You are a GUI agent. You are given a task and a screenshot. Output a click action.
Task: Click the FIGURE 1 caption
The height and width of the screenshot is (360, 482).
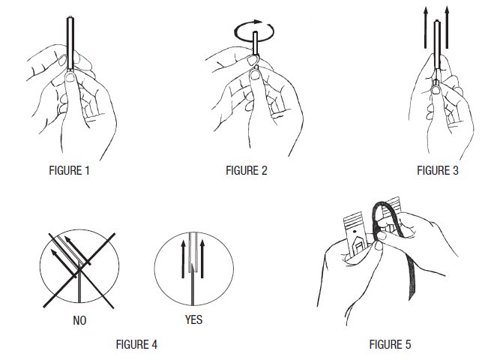pos(69,170)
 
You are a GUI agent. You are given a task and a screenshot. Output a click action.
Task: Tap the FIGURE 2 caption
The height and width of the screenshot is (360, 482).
pos(246,170)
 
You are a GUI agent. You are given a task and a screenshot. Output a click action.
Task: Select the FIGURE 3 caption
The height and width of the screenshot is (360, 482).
pos(438,170)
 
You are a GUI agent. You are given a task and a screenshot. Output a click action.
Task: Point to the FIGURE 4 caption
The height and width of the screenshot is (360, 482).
pos(136,344)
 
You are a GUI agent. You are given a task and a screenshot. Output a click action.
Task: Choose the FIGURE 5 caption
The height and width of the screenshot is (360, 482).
pos(390,344)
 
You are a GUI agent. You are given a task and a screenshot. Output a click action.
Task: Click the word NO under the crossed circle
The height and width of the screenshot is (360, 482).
pos(79,320)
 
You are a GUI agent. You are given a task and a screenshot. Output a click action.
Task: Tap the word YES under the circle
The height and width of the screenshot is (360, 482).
pos(193,319)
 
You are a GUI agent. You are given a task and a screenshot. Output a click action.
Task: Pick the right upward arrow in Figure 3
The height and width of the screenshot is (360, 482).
pos(447,28)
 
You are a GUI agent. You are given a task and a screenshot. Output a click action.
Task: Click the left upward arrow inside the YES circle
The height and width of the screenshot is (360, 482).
pos(183,259)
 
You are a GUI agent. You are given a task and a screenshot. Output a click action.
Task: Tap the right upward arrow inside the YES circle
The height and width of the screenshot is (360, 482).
pos(202,259)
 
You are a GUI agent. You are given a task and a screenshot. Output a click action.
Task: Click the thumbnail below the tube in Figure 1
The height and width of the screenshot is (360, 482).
pos(70,76)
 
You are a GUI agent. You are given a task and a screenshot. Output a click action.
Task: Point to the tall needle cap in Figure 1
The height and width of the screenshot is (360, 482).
pos(70,43)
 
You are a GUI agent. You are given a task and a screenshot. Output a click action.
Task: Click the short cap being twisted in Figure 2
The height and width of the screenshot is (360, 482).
pos(255,43)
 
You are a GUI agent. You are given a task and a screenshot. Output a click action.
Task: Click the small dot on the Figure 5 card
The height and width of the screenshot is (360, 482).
pos(355,231)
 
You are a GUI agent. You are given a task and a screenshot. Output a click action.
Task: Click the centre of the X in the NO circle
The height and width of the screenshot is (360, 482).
pos(79,270)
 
